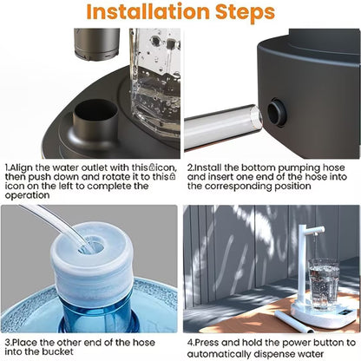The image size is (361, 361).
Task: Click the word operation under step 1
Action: click(x=29, y=195)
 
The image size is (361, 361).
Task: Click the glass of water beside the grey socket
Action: click(x=153, y=74)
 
